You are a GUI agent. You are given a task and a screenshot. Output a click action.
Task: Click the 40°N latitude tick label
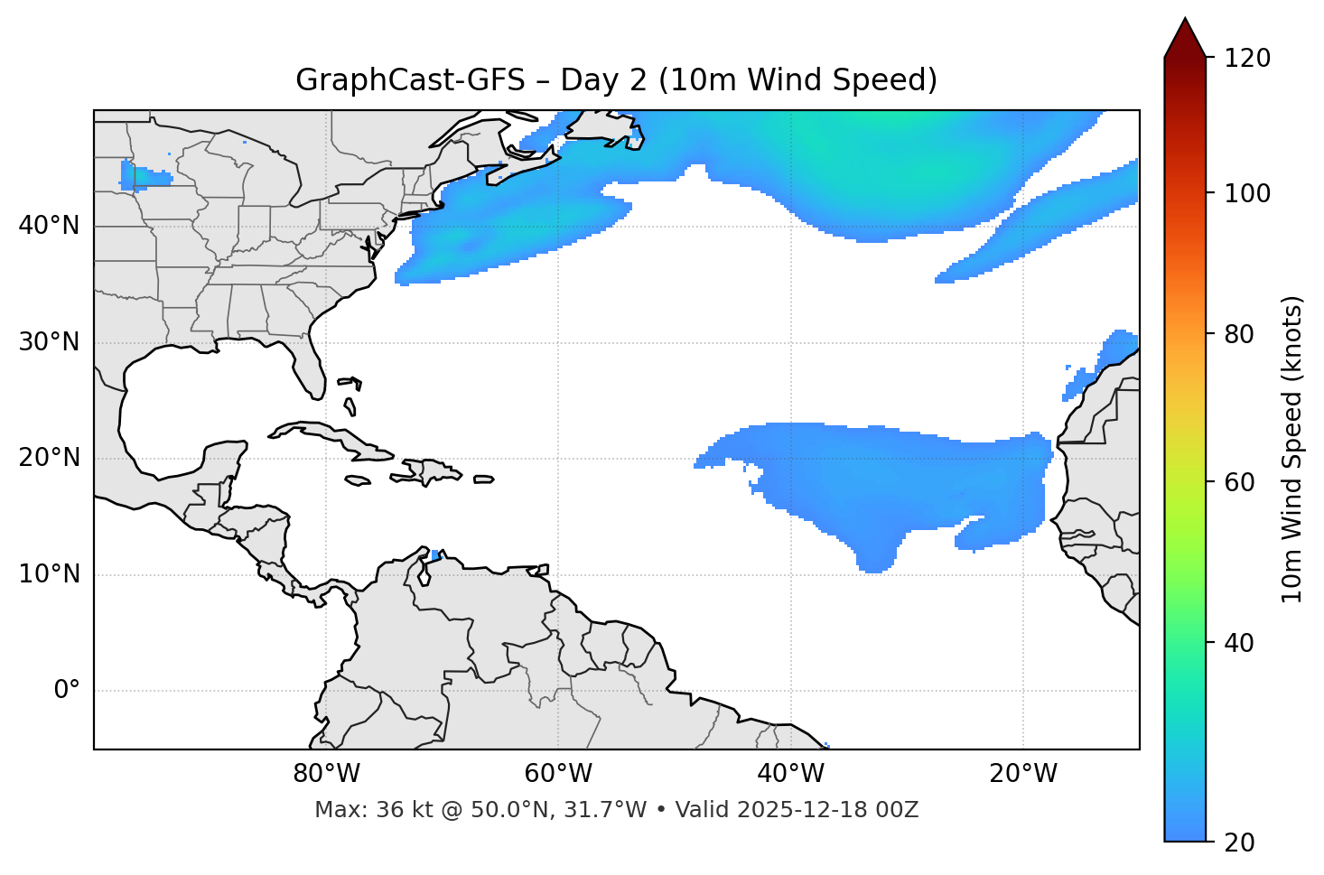(x=49, y=226)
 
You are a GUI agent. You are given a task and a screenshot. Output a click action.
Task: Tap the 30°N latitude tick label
(x=49, y=342)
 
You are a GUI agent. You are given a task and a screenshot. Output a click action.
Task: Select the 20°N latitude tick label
(x=49, y=458)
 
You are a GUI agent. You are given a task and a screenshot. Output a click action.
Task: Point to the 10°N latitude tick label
(x=49, y=574)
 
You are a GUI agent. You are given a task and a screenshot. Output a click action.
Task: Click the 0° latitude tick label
(x=67, y=691)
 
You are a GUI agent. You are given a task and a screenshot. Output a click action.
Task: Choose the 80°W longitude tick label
(x=326, y=774)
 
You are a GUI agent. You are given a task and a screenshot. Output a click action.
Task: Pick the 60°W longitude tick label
(x=558, y=774)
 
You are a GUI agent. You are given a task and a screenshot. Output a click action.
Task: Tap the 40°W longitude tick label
(x=790, y=774)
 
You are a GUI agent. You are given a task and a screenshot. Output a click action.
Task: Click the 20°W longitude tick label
(x=1023, y=774)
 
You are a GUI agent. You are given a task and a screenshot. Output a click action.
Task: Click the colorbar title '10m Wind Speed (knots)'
(x=1292, y=449)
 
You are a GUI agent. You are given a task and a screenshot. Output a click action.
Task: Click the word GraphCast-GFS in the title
(x=410, y=80)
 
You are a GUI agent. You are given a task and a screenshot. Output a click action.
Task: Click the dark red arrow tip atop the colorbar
(x=1185, y=36)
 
